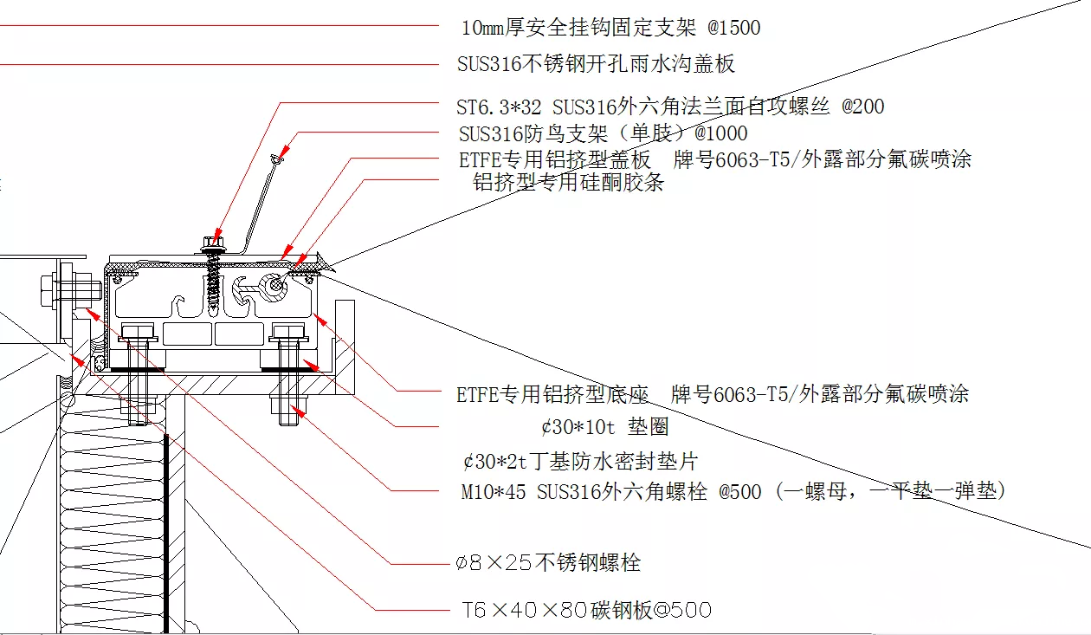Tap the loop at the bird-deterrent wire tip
pyautogui.click(x=276, y=159)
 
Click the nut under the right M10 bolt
pyautogui.click(x=287, y=405)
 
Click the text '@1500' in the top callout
pyautogui.click(x=733, y=28)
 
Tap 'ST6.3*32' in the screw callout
pyautogui.click(x=500, y=107)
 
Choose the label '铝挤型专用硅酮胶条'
pyautogui.click(x=568, y=183)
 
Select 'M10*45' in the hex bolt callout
pyautogui.click(x=493, y=492)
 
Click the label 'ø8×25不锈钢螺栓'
pyautogui.click(x=548, y=563)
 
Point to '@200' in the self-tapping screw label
pyautogui.click(x=862, y=107)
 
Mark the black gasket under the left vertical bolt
pyautogui.click(x=137, y=368)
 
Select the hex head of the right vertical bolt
pyautogui.click(x=287, y=331)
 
